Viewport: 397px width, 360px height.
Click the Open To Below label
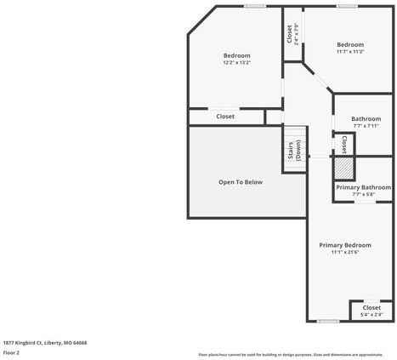[241, 182]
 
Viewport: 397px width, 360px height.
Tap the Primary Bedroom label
[345, 245]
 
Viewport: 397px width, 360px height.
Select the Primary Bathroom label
[363, 187]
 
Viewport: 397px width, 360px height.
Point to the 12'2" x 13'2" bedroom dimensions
[236, 62]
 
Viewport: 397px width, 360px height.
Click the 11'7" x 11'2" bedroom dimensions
[349, 52]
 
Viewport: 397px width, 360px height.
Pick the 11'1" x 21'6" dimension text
[345, 252]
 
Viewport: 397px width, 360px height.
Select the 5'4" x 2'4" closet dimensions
[371, 315]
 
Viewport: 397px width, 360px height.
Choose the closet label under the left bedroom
[225, 117]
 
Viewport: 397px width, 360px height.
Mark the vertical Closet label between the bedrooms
[290, 33]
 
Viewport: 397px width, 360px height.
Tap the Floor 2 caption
[12, 352]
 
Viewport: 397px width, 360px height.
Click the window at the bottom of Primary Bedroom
[328, 321]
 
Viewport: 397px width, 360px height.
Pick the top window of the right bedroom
[346, 6]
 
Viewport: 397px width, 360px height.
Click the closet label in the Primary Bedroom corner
[371, 307]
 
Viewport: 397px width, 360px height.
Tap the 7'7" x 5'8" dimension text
[363, 194]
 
